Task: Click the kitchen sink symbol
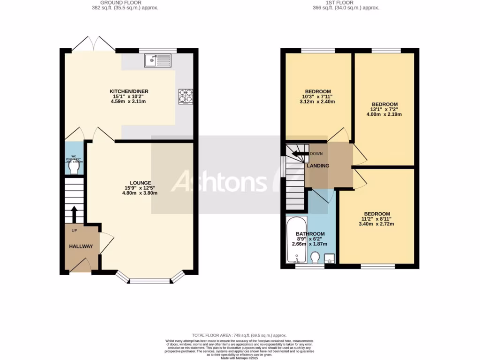tap(158, 60)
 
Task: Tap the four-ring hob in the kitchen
tap(185, 96)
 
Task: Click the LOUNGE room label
tap(140, 183)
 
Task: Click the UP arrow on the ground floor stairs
tap(74, 214)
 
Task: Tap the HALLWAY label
tap(81, 247)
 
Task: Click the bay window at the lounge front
tap(150, 280)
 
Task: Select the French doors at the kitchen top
tap(94, 45)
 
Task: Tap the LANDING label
tap(318, 166)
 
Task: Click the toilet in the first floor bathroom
tap(315, 257)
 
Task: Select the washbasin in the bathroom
tap(330, 257)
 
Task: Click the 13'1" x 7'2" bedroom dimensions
tap(384, 109)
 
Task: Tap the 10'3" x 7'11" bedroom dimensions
tap(318, 97)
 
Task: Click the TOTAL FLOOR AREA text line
tap(240, 335)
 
